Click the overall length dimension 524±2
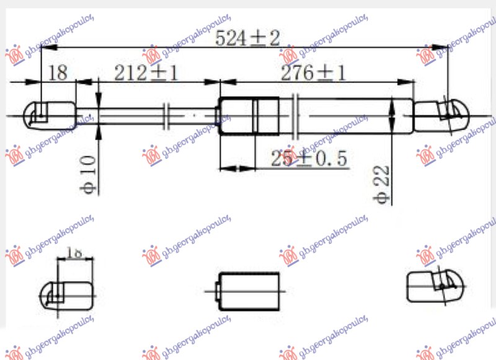(x=247, y=38)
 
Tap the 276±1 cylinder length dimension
(x=312, y=73)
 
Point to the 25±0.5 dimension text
(x=308, y=159)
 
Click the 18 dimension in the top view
(x=57, y=73)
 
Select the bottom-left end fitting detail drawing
(x=64, y=291)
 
